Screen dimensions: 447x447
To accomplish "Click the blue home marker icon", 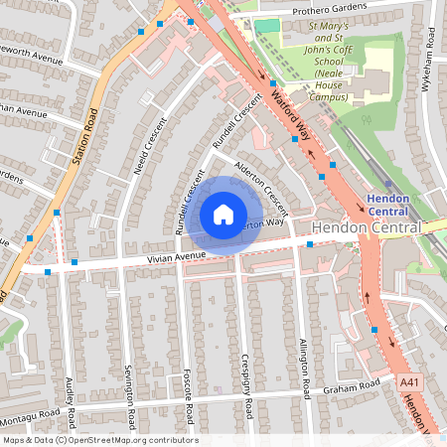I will [x=223, y=215].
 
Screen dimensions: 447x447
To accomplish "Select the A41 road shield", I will [x=409, y=382].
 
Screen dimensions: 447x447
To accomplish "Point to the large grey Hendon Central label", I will [x=366, y=227].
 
